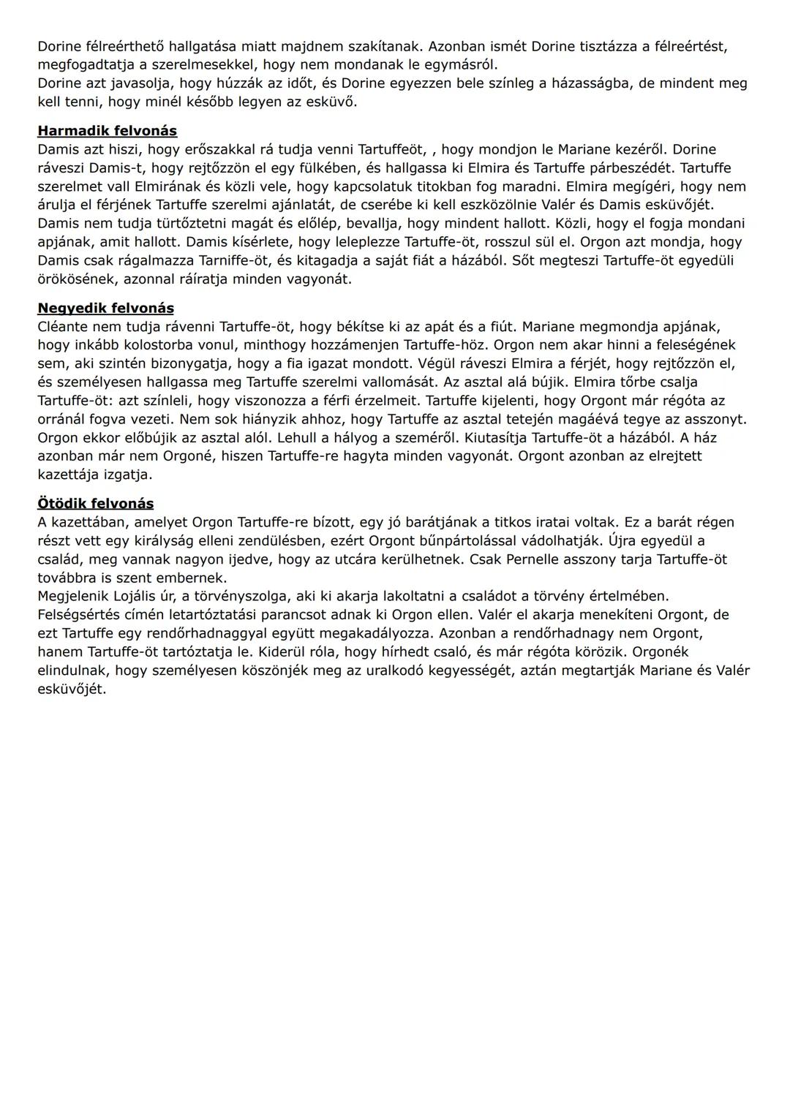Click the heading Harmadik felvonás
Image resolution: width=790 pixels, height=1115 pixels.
(107, 131)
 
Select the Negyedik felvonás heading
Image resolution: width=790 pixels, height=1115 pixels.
(105, 308)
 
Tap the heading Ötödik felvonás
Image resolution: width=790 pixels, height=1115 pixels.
(95, 503)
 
